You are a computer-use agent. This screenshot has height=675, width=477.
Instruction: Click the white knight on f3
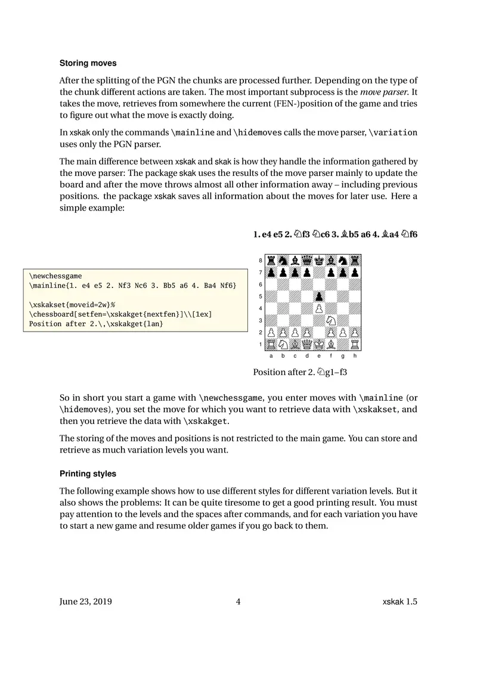click(x=331, y=320)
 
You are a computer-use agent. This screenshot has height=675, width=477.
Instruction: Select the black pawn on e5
click(x=319, y=296)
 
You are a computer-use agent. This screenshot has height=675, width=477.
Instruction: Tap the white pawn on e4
click(x=319, y=308)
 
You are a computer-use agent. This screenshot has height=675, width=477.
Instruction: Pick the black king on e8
click(x=319, y=261)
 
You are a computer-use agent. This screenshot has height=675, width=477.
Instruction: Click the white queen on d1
click(x=307, y=344)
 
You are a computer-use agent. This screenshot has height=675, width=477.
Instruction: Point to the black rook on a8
click(x=271, y=261)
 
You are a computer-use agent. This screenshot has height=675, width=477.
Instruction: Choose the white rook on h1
click(x=355, y=344)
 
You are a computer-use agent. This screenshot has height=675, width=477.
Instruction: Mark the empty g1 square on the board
click(x=343, y=344)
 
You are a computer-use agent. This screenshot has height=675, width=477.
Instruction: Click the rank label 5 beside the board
click(x=261, y=296)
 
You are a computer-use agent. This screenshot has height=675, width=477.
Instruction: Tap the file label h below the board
click(x=355, y=356)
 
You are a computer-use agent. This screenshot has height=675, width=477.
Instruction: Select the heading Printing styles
click(x=88, y=474)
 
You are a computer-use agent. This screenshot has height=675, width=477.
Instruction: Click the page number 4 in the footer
click(x=238, y=602)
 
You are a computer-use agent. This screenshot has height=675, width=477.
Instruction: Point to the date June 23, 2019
click(x=86, y=602)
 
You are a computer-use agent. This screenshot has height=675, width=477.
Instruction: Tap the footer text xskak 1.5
click(x=399, y=602)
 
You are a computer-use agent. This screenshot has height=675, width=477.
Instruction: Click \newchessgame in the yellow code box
click(x=55, y=276)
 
